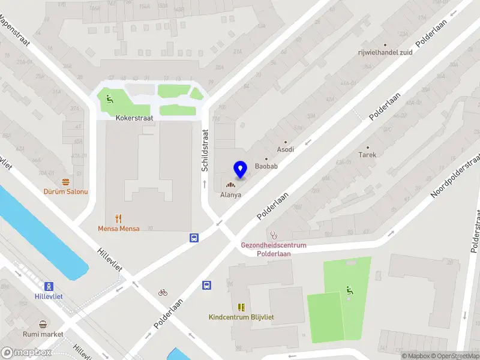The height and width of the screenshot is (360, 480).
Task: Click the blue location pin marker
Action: click(240, 169)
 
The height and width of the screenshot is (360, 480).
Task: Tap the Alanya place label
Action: click(230, 195)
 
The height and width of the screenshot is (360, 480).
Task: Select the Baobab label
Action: click(266, 166)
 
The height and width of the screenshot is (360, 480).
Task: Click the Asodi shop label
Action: click(285, 149)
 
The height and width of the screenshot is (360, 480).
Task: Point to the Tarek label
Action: click(367, 154)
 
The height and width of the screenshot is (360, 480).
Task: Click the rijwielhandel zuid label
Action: click(385, 52)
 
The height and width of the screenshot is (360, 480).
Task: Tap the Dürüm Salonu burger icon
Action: click(65, 181)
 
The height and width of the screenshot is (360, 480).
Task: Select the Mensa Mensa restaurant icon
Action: click(119, 218)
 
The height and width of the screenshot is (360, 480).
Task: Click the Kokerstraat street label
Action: click(134, 118)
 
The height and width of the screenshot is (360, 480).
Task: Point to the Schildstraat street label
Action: click(205, 150)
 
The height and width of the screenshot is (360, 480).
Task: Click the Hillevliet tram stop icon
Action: click(49, 286)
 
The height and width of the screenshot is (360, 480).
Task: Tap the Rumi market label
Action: click(43, 334)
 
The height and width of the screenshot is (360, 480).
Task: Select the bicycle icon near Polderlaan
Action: click(163, 293)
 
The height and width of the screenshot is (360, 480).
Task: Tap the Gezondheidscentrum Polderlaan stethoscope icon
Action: click(274, 235)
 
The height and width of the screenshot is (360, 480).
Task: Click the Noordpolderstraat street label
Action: click(457, 176)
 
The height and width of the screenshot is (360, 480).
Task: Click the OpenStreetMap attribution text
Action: click(455, 356)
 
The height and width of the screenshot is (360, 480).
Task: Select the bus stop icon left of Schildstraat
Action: click(194, 238)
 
